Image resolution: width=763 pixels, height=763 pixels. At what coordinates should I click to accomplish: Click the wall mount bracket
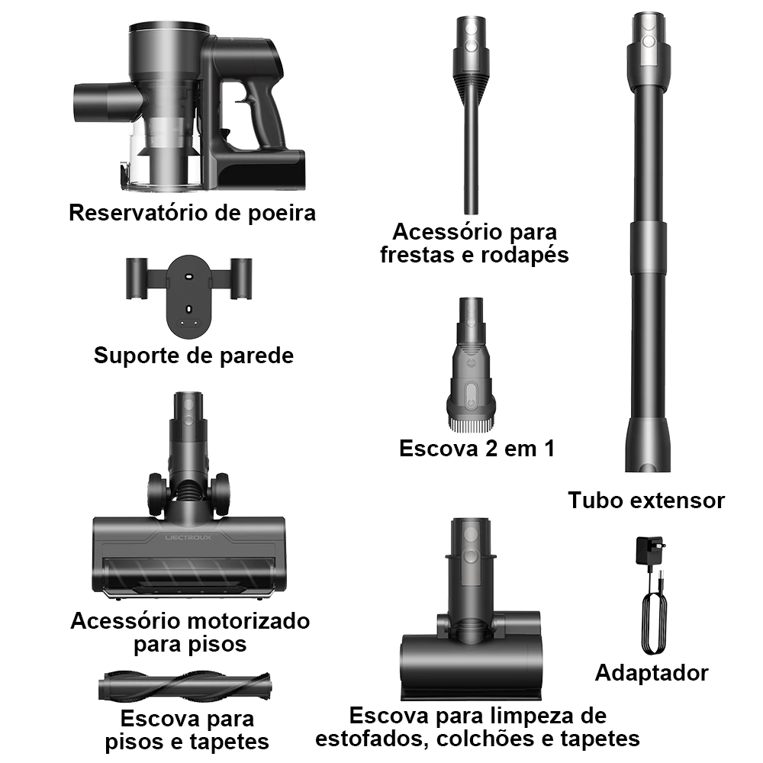pyautogui.click(x=188, y=295)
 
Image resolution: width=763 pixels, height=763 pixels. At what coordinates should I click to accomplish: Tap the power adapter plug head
pyautogui.click(x=649, y=550)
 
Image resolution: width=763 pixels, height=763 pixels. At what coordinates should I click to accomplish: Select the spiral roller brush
pyautogui.click(x=185, y=687)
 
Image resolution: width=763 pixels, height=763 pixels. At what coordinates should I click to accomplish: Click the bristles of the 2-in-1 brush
pyautogui.click(x=471, y=427)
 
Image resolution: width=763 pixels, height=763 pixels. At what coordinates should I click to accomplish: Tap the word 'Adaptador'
pyautogui.click(x=652, y=673)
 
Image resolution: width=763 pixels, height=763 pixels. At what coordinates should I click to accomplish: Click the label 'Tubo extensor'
pyautogui.click(x=646, y=501)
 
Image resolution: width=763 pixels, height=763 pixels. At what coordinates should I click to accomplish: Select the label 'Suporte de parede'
pyautogui.click(x=194, y=356)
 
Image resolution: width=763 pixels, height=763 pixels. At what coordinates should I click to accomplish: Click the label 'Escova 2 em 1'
pyautogui.click(x=477, y=448)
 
